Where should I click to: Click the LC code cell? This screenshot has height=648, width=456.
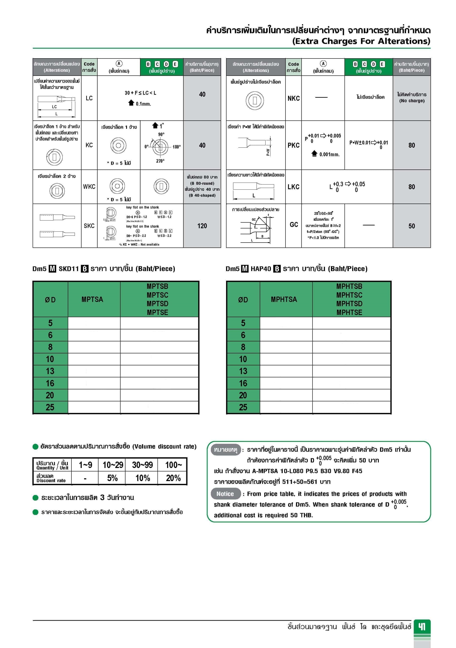[89, 98]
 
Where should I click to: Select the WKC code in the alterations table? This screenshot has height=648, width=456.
[89, 187]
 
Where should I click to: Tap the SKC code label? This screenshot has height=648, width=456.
[89, 226]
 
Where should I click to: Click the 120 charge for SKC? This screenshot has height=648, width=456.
[202, 226]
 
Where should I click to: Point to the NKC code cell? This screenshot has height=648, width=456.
[294, 98]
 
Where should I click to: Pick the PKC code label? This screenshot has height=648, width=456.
[294, 145]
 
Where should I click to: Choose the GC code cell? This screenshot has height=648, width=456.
[294, 225]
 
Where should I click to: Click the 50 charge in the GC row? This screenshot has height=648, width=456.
[411, 226]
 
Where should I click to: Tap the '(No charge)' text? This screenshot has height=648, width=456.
[412, 101]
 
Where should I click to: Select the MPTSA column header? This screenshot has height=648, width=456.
[92, 299]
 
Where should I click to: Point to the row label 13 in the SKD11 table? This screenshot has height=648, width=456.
[50, 371]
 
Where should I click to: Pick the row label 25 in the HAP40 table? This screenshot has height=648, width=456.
[243, 407]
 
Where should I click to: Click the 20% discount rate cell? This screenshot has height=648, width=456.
[173, 478]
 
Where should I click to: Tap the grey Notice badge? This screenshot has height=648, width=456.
[225, 494]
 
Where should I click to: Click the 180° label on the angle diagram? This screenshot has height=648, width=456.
[177, 147]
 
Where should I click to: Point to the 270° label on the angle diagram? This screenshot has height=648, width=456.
[160, 161]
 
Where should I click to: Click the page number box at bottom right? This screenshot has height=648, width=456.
[422, 627]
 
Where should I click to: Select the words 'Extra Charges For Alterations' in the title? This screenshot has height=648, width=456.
[361, 41]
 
